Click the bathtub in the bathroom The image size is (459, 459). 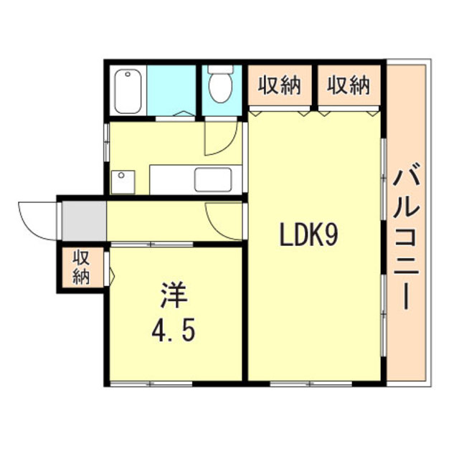pyautogui.click(x=128, y=91)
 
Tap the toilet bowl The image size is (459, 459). pyautogui.click(x=220, y=87)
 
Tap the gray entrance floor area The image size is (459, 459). pyautogui.click(x=85, y=221)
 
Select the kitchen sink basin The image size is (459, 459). pyautogui.click(x=213, y=180)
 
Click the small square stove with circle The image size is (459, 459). pyautogui.click(x=123, y=182)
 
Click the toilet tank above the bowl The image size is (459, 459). pyautogui.click(x=220, y=69)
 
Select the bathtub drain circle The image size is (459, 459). pyautogui.click(x=128, y=75)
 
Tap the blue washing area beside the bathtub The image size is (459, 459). pyautogui.click(x=171, y=90)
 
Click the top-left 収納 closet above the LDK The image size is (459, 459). pyautogui.click(x=280, y=85)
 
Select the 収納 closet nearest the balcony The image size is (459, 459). pyautogui.click(x=349, y=85)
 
